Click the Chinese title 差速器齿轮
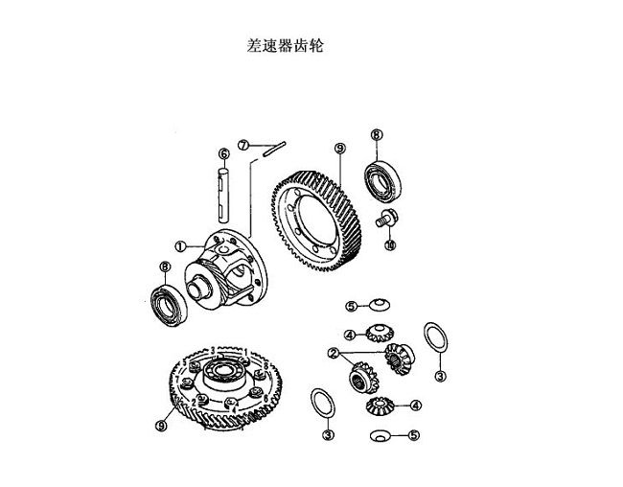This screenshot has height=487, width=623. click(285, 46)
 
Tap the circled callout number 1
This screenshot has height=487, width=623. click(181, 246)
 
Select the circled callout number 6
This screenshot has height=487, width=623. click(224, 153)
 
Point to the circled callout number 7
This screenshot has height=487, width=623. click(243, 145)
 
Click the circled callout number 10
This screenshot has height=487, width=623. click(390, 245)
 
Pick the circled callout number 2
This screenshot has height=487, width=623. click(334, 353)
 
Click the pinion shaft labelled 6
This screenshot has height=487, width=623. click(223, 195)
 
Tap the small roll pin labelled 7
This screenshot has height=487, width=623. click(274, 150)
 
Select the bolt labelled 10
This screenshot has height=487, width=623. click(386, 219)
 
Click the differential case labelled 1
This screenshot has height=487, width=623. click(225, 269)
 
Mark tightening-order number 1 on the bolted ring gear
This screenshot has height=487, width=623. click(246, 352)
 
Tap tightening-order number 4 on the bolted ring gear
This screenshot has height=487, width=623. click(234, 408)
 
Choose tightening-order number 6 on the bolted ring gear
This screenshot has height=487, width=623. click(265, 398)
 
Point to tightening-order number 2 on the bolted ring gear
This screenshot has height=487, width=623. click(194, 402)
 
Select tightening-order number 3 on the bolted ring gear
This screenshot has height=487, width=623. click(213, 351)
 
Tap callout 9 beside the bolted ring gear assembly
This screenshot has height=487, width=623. click(161, 426)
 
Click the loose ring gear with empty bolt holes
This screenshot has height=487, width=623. click(316, 221)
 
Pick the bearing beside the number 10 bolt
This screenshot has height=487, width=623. click(382, 181)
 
